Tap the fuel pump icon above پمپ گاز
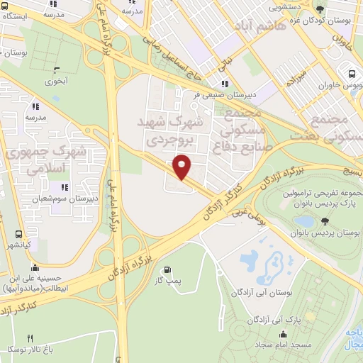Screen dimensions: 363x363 point(167,269)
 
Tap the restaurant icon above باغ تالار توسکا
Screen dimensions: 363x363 point(30,338)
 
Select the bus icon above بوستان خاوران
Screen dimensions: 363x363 point(352,74)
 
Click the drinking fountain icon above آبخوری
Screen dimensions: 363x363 point(57,69)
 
